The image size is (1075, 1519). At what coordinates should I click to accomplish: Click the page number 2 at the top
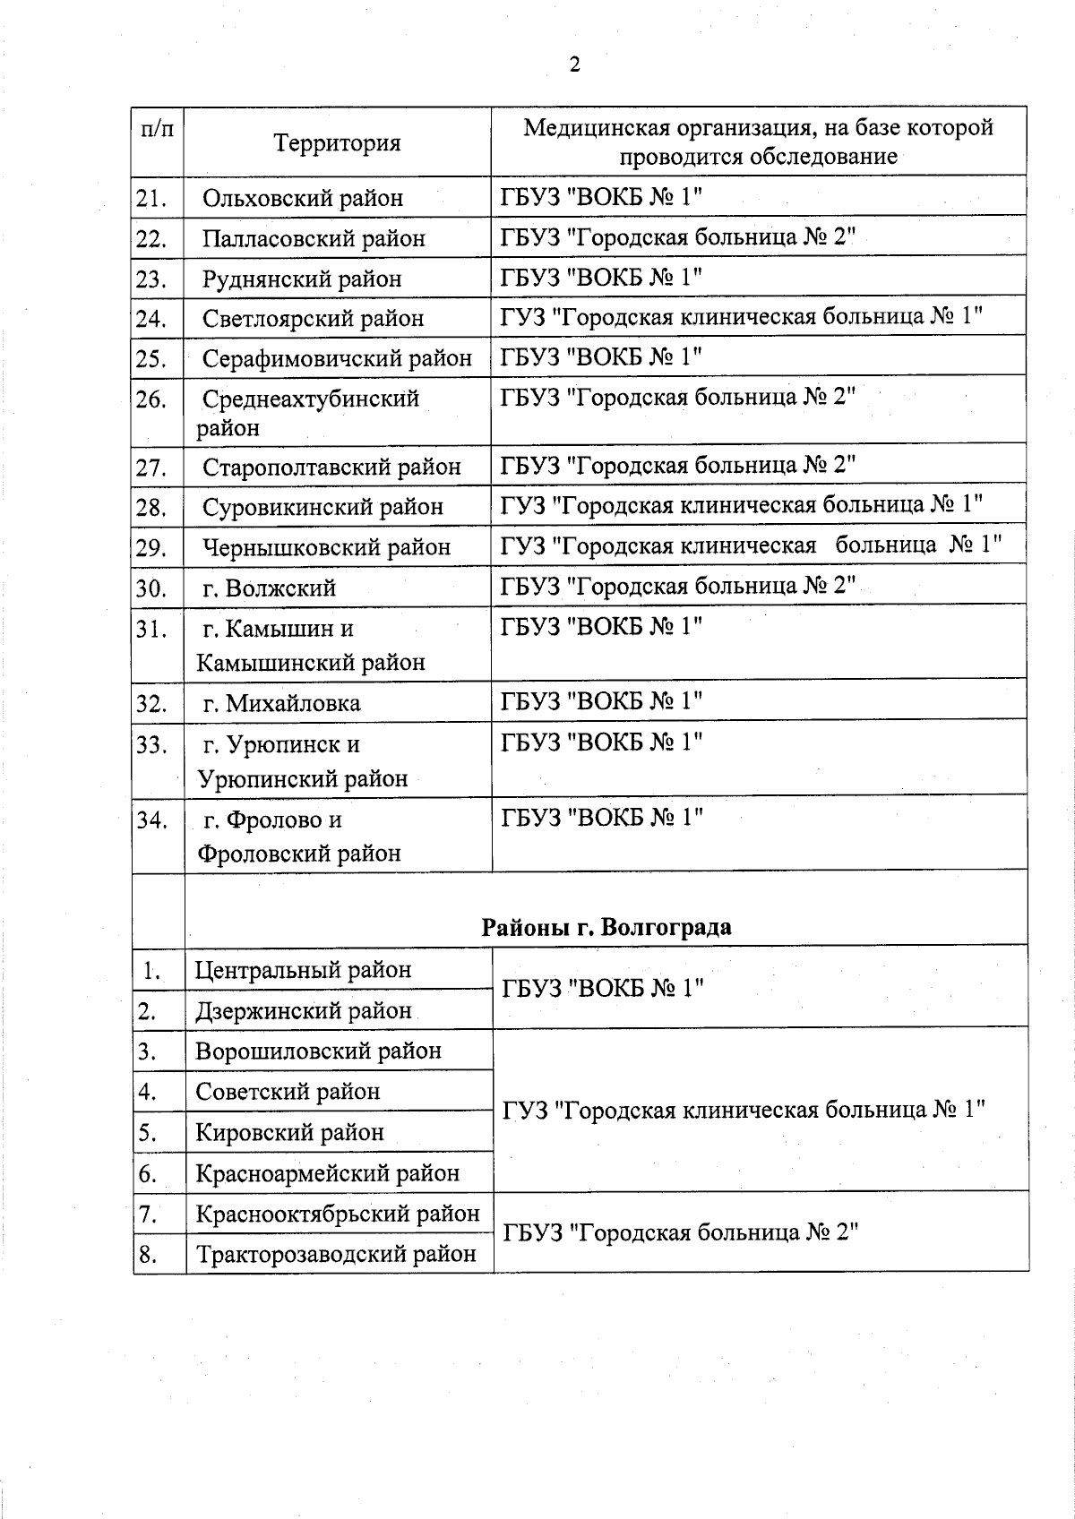click(575, 64)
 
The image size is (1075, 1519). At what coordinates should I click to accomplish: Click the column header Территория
click(337, 143)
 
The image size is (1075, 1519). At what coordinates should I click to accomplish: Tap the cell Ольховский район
click(303, 198)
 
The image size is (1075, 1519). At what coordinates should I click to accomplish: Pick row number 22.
click(152, 239)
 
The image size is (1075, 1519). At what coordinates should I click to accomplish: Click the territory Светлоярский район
click(313, 319)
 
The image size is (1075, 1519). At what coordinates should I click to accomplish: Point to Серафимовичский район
click(337, 359)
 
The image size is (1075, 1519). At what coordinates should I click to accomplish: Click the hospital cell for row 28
click(742, 504)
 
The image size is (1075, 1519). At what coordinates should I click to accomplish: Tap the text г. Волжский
click(269, 588)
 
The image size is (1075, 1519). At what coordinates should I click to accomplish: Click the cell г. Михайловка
click(281, 704)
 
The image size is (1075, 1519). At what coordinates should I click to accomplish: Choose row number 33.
click(152, 745)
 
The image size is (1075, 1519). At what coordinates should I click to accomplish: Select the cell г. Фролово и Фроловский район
click(298, 837)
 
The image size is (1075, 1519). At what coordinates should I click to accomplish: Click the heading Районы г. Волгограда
click(606, 927)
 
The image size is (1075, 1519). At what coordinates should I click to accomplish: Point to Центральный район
click(303, 970)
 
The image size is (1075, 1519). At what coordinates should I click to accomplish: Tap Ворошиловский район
click(318, 1051)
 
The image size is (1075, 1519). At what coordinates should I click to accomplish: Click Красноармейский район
click(327, 1173)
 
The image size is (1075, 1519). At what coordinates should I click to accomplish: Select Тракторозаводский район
click(336, 1255)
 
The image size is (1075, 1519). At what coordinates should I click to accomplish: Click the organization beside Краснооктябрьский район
click(680, 1233)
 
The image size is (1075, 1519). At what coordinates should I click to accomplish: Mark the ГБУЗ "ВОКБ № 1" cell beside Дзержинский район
click(602, 989)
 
